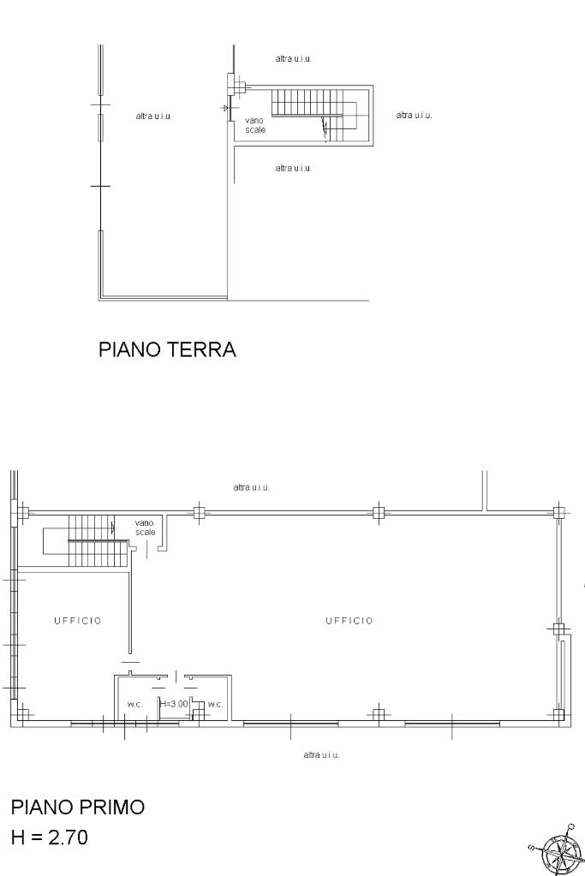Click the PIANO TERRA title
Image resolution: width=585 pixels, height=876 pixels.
pyautogui.click(x=167, y=349)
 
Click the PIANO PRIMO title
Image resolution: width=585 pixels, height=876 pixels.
pyautogui.click(x=78, y=807)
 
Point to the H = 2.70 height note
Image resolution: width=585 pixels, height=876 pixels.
pyautogui.click(x=49, y=837)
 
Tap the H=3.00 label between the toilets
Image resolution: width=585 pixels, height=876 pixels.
pyautogui.click(x=175, y=704)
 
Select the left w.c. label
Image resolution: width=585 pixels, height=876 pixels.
pyautogui.click(x=134, y=705)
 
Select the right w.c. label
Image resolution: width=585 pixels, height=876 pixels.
pyautogui.click(x=215, y=705)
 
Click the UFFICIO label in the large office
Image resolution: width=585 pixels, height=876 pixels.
pyautogui.click(x=349, y=621)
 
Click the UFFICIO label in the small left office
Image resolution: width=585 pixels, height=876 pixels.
pyautogui.click(x=78, y=621)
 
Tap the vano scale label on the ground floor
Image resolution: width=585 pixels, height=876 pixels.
pyautogui.click(x=254, y=125)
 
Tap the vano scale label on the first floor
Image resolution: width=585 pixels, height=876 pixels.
pyautogui.click(x=146, y=528)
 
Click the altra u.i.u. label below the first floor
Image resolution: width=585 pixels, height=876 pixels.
pyautogui.click(x=321, y=754)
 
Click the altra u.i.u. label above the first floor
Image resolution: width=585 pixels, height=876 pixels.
pyautogui.click(x=252, y=487)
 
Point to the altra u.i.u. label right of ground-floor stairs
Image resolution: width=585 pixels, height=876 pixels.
pyautogui.click(x=414, y=115)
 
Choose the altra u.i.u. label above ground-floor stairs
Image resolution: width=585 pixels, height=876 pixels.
pyautogui.click(x=293, y=58)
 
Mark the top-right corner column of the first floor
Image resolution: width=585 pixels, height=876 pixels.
pyautogui.click(x=558, y=512)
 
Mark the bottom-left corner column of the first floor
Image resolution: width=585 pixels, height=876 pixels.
pyautogui.click(x=22, y=714)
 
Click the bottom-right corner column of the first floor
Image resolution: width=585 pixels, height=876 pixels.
pyautogui.click(x=558, y=714)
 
